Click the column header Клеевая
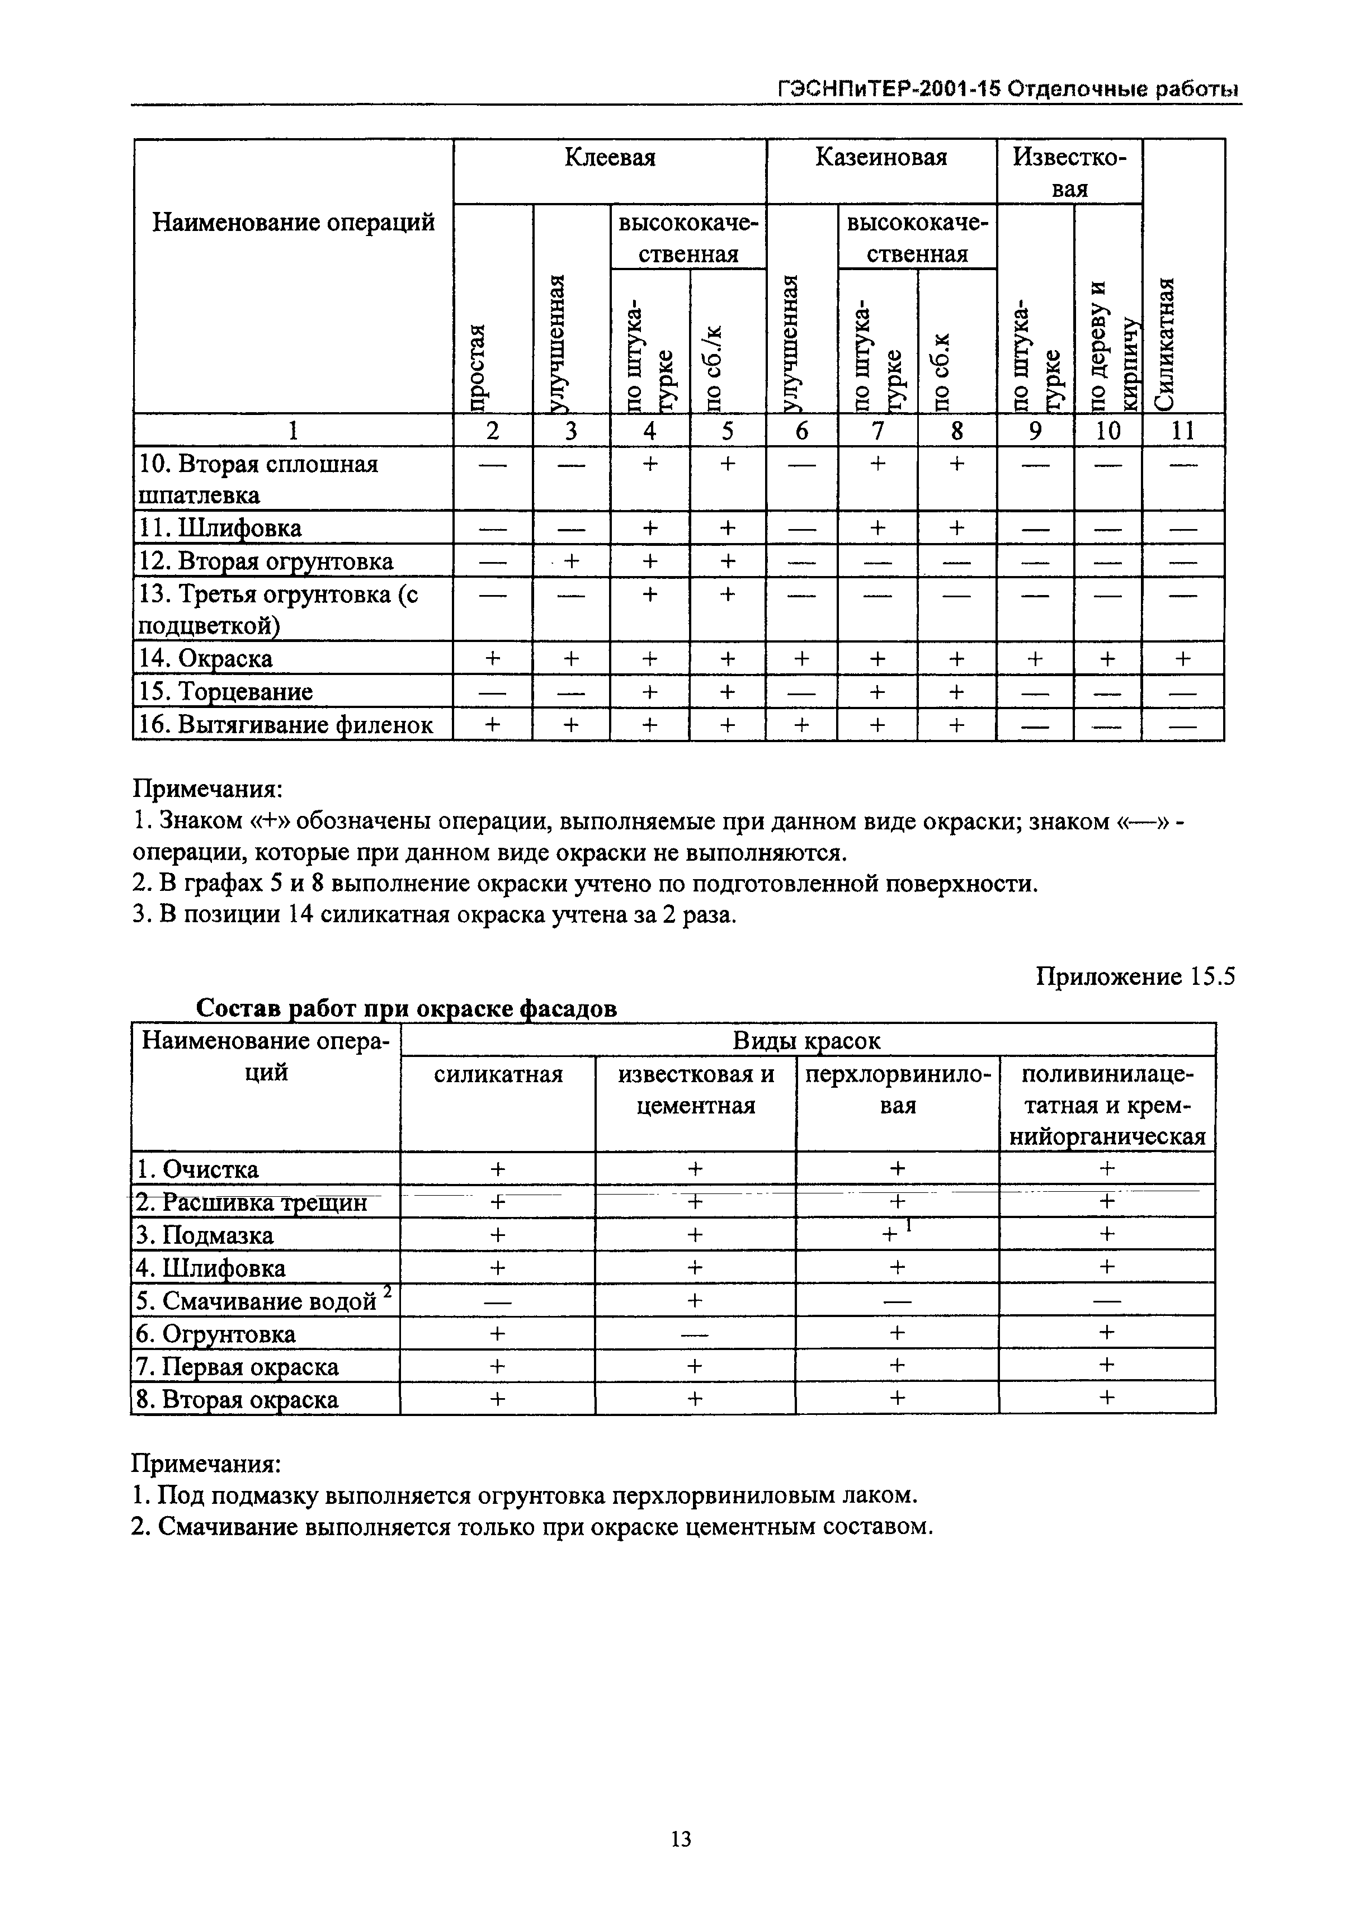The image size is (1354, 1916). (610, 158)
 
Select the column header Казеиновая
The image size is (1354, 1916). (881, 158)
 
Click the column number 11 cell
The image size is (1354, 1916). (1182, 431)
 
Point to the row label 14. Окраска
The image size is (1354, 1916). (205, 658)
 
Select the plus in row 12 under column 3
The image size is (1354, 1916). (571, 561)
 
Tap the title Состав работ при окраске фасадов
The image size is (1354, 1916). (407, 1008)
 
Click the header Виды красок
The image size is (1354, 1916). (806, 1041)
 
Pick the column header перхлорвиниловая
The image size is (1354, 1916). (898, 1089)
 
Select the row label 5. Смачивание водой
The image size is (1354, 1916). (257, 1300)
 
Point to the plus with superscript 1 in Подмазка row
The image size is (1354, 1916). (898, 1234)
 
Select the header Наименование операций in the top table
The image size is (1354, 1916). (293, 223)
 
